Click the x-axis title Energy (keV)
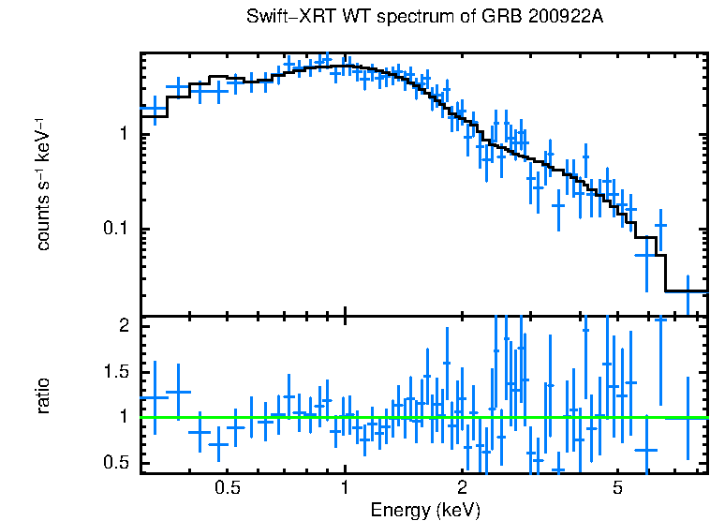(425, 510)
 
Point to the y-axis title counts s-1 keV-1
(43, 184)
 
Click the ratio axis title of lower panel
(43, 394)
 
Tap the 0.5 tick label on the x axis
(227, 488)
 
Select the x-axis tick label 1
(345, 488)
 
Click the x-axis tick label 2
(462, 488)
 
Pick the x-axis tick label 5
(617, 488)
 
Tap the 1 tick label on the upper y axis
(124, 134)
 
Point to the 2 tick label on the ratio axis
(124, 326)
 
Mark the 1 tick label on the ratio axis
(124, 417)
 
